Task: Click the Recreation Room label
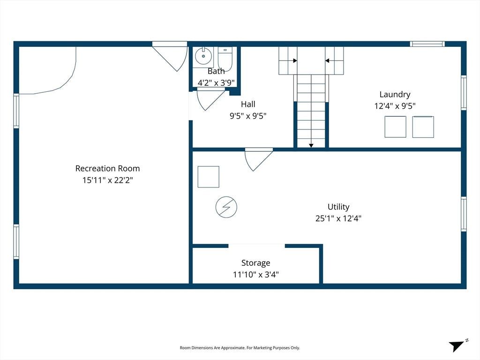point(107,168)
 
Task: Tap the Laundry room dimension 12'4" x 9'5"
point(395,106)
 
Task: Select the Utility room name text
point(338,207)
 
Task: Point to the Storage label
point(255,263)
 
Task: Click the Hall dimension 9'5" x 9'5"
point(248,116)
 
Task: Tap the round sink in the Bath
point(203,56)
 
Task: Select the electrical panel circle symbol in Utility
point(226,207)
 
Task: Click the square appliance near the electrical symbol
point(209,177)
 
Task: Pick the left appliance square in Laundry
point(396,127)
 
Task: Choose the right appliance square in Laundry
point(423,127)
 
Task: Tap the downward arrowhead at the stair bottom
point(311,146)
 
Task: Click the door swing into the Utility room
point(258,159)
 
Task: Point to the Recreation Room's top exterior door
point(170,56)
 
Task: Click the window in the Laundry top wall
point(427,44)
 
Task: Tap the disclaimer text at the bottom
point(240,348)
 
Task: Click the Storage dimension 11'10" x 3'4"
point(255,275)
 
